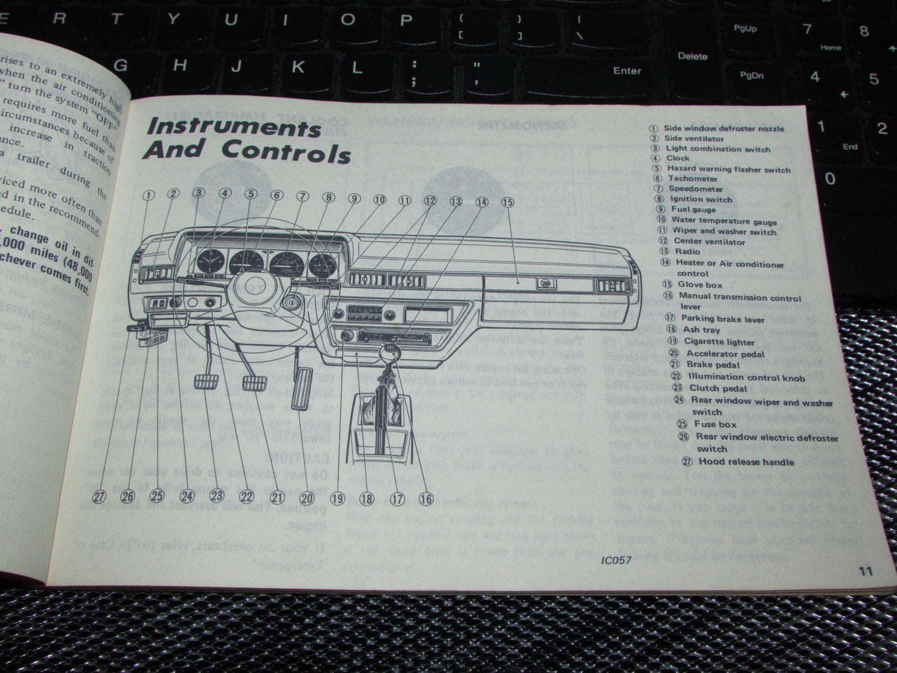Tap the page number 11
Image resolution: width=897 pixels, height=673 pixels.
tap(866, 571)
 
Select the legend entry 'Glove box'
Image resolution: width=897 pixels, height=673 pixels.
tap(700, 284)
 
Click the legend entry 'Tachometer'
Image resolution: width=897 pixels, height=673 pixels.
tap(692, 179)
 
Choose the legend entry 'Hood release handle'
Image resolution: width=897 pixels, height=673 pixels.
tap(746, 462)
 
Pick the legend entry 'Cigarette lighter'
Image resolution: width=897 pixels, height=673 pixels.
tap(719, 341)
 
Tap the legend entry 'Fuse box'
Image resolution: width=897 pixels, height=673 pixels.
tap(714, 425)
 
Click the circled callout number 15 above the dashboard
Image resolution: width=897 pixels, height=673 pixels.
tap(507, 202)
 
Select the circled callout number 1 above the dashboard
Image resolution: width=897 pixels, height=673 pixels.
tap(148, 195)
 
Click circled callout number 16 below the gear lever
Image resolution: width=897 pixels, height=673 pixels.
tap(425, 499)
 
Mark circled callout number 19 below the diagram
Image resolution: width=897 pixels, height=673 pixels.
tap(337, 498)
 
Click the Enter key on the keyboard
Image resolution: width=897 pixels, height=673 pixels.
tap(627, 71)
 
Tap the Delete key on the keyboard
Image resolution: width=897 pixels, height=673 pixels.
tap(692, 56)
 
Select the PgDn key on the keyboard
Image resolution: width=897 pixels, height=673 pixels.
tap(751, 76)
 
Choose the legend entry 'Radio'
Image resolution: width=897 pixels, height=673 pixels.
tap(687, 251)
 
